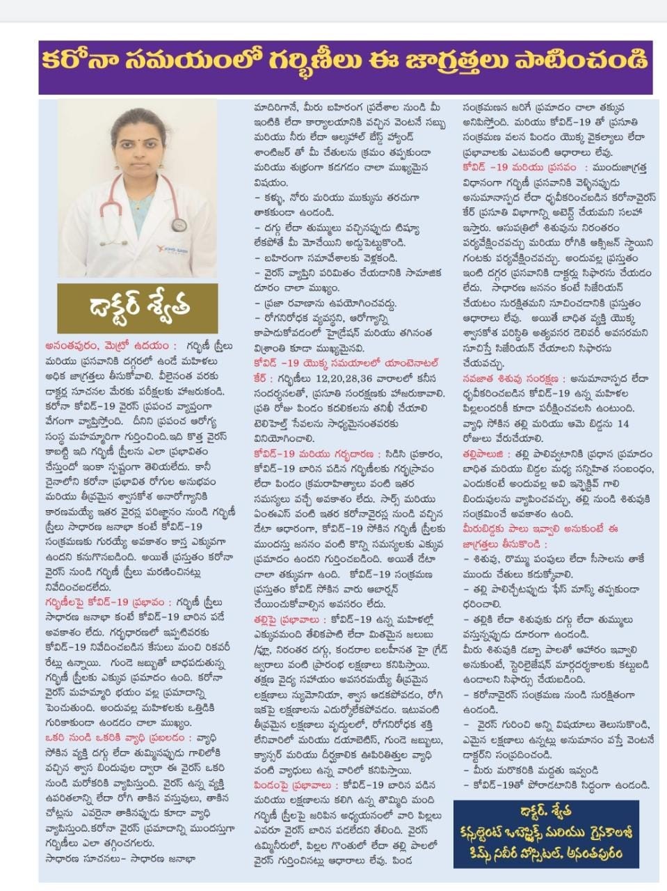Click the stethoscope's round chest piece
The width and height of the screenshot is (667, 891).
[x=179, y=224]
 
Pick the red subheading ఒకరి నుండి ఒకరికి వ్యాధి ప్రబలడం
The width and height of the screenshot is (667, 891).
[x=115, y=737]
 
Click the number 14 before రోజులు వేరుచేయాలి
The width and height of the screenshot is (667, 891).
[x=622, y=423]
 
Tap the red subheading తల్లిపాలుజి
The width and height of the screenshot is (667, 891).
[x=487, y=452]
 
